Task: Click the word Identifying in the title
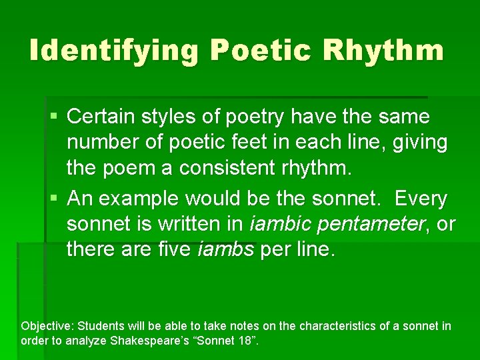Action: [x=113, y=51]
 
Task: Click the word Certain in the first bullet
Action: [x=101, y=117]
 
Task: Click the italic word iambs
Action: [x=226, y=250]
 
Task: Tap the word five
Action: [x=175, y=250]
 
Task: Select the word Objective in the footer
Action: [x=47, y=326]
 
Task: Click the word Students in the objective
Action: [x=101, y=326]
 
